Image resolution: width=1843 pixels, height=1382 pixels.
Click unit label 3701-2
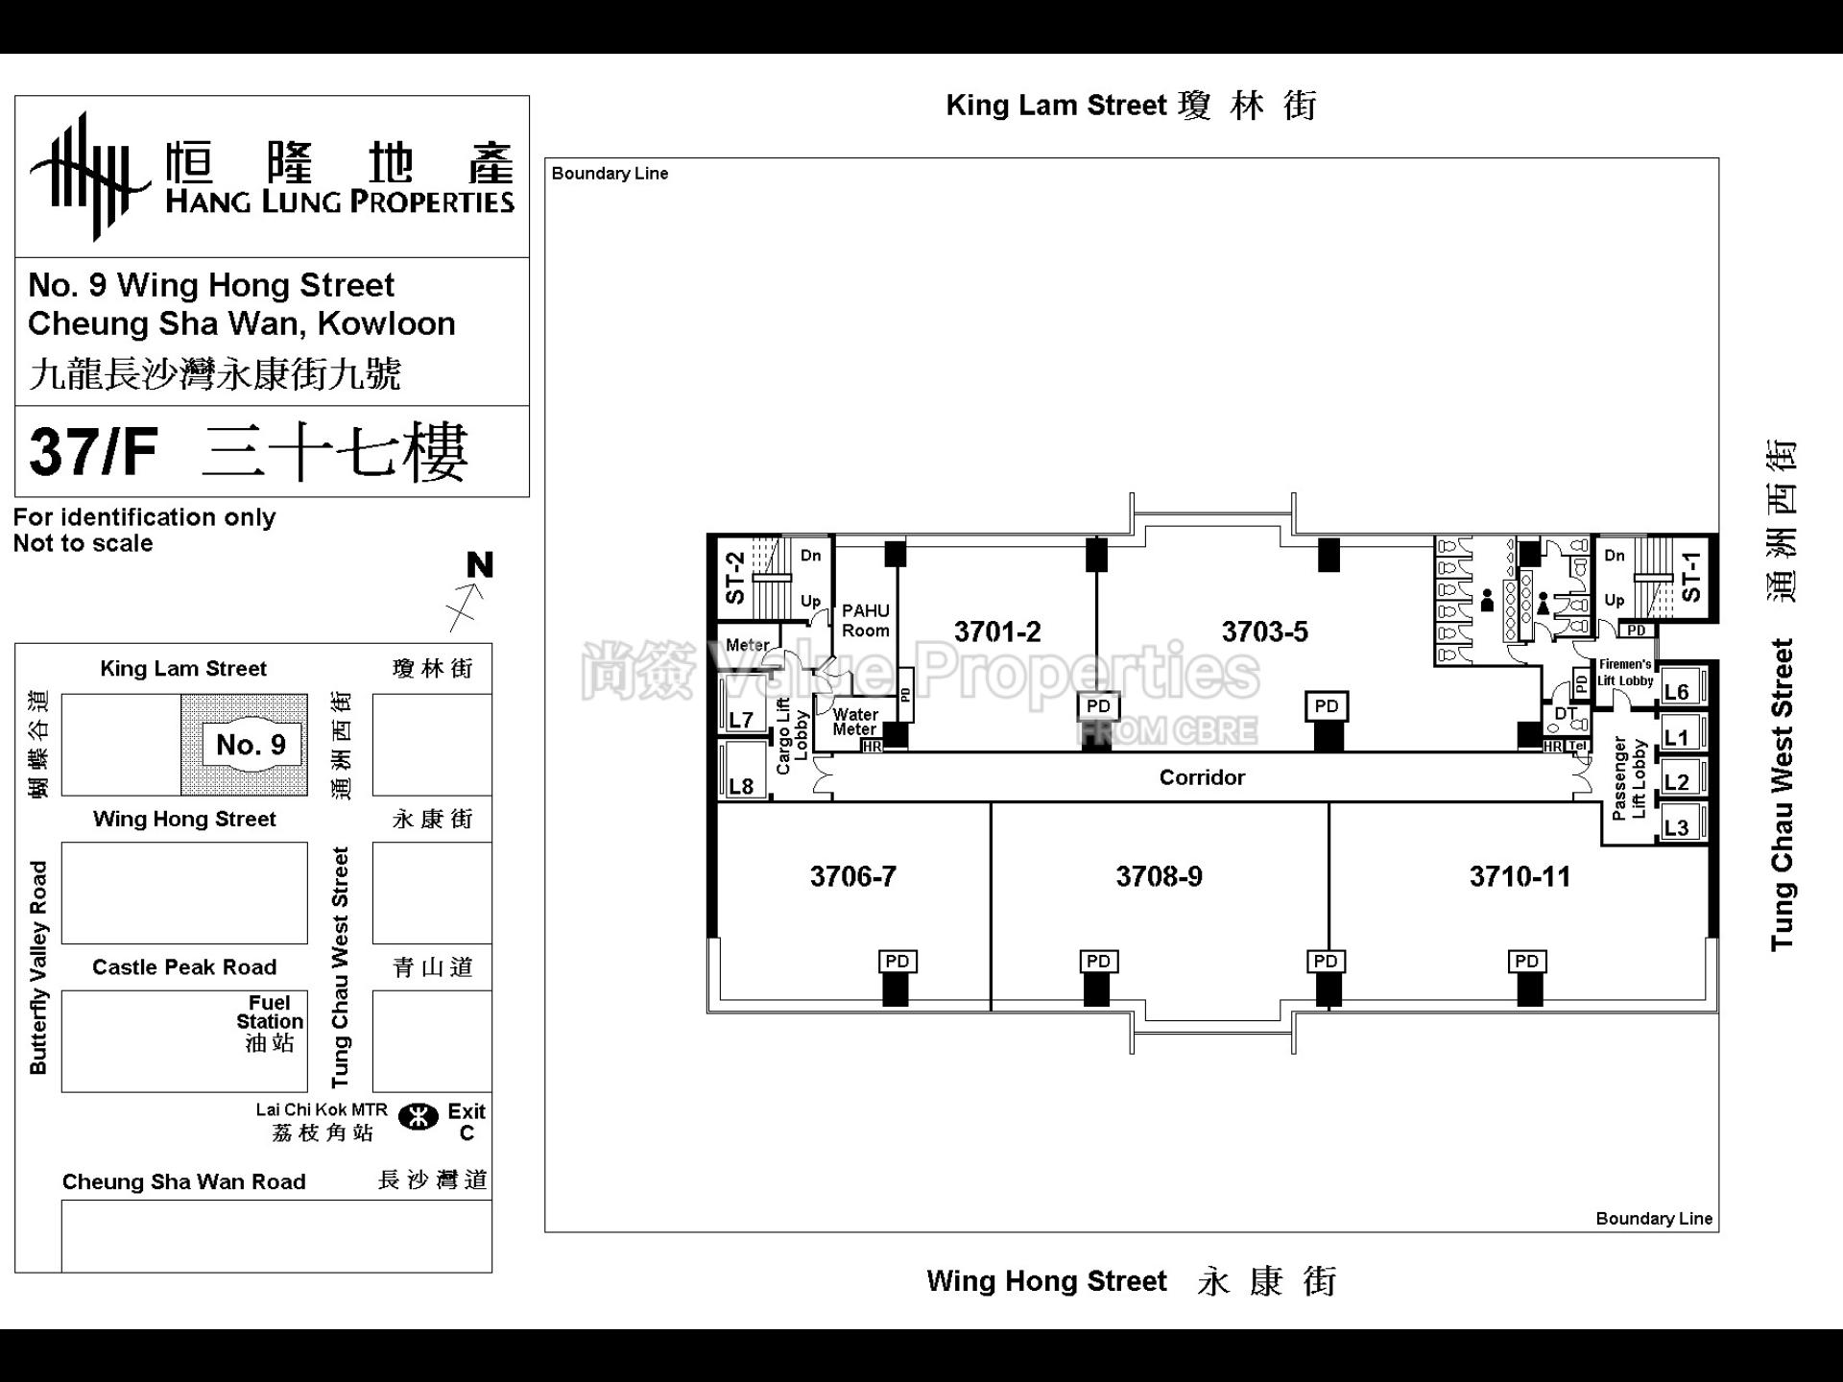(996, 631)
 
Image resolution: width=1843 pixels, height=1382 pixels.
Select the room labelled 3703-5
(1264, 631)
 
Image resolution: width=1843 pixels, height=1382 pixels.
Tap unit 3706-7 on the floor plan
(852, 876)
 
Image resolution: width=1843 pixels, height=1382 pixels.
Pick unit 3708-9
(1159, 876)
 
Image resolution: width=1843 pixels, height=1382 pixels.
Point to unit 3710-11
(1520, 876)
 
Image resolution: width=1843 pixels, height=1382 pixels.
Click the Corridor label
(1202, 777)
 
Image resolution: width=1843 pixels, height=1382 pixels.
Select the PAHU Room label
(865, 620)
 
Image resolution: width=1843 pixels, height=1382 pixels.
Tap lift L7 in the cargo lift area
(741, 719)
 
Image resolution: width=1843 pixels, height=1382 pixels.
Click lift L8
(741, 786)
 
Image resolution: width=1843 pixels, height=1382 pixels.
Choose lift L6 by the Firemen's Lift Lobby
(1676, 692)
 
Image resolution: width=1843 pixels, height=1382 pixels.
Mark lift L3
(1676, 827)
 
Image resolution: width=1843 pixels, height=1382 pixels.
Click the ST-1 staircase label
(1691, 576)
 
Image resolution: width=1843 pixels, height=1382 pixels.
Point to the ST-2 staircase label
(735, 577)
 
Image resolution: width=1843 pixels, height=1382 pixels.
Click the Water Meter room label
(854, 722)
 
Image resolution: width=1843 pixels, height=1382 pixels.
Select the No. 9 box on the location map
(251, 745)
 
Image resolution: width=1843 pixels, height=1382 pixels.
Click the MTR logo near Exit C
(418, 1117)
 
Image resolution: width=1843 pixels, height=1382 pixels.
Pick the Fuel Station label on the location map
(270, 1022)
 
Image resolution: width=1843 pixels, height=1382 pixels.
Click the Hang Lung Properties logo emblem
(89, 176)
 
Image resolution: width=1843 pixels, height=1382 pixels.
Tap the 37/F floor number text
(93, 452)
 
